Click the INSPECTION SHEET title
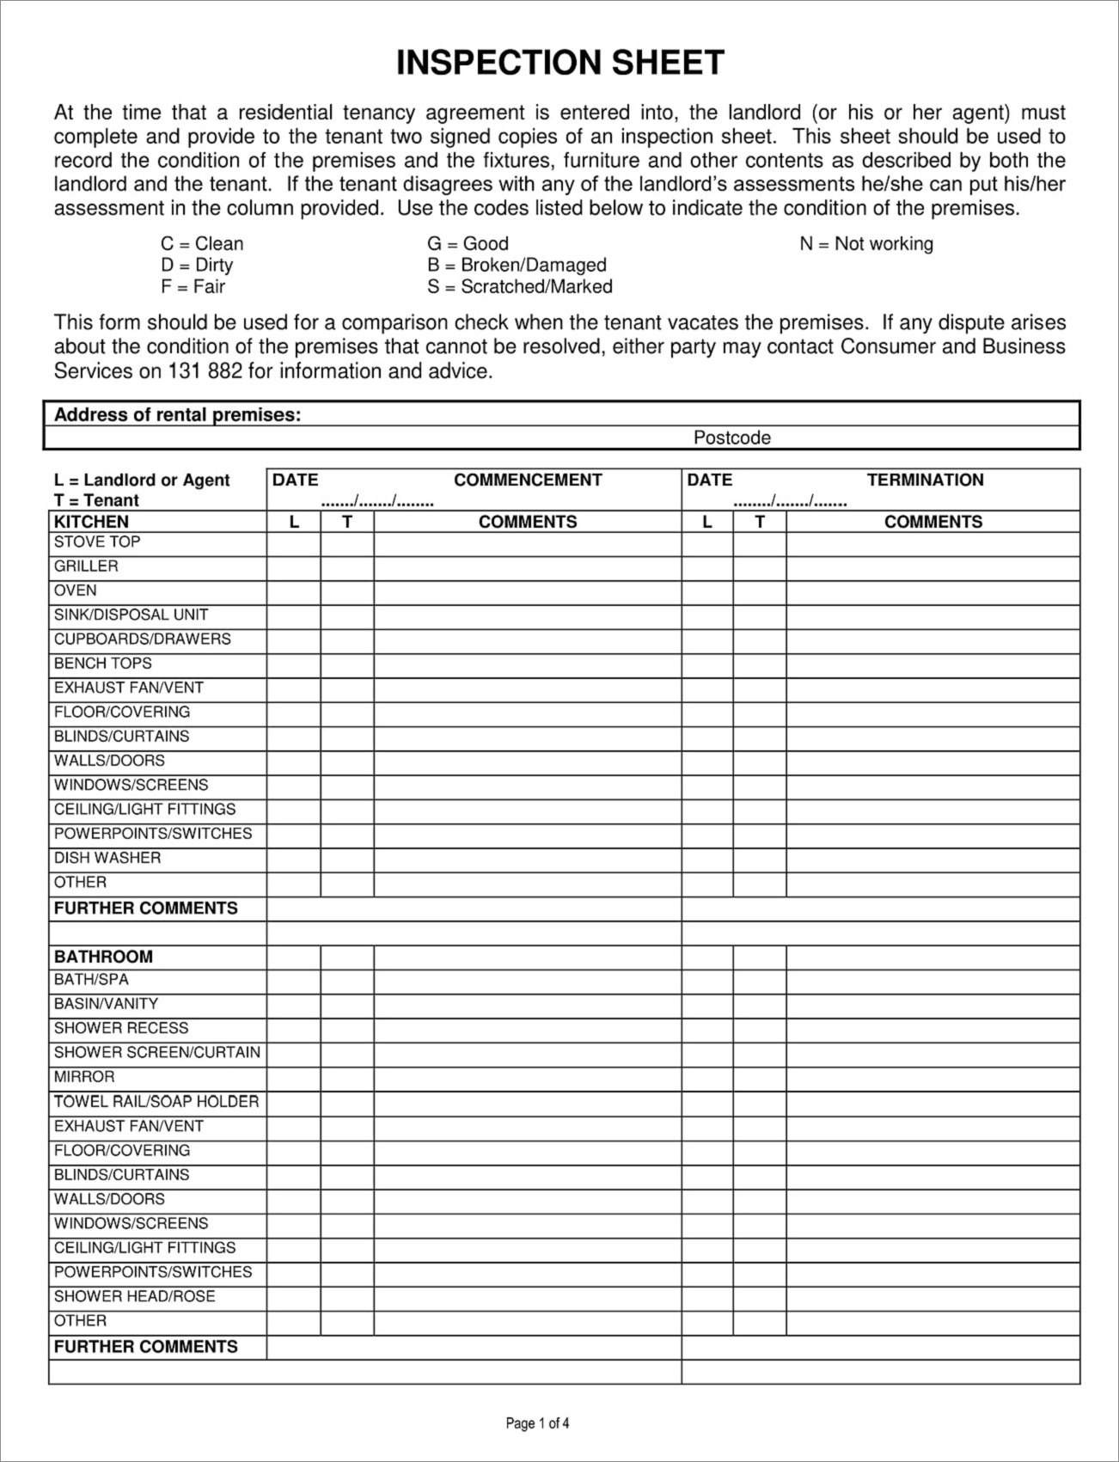559,63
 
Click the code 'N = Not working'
865,244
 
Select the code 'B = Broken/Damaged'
517,266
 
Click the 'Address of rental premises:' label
177,415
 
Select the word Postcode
731,438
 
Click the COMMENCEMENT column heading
528,480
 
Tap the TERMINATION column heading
925,480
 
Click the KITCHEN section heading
91,522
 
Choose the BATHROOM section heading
103,957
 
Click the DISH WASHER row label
107,858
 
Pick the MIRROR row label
84,1077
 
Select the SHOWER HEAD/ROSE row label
134,1296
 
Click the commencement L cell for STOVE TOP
294,544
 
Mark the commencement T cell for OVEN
347,592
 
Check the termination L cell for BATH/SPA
707,982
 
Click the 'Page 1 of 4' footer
537,1423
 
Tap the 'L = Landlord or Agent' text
142,480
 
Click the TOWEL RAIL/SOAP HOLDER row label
156,1102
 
